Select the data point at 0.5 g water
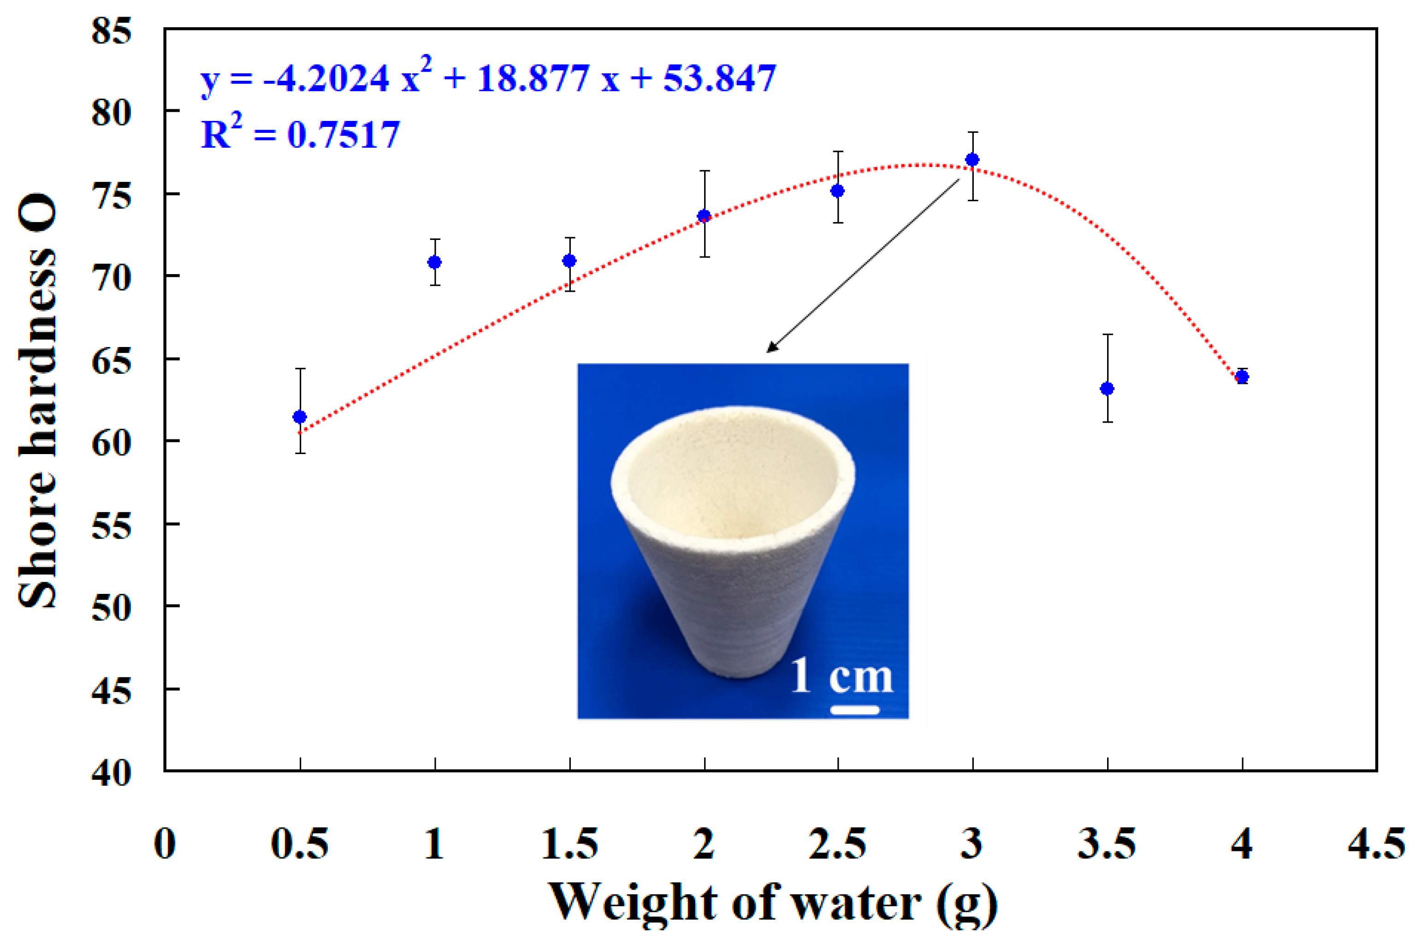[300, 417]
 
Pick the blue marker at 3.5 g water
[1107, 389]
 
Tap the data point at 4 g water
[1242, 377]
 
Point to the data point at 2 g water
[704, 216]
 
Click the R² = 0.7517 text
[300, 134]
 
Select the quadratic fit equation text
[488, 78]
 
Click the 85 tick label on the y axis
[112, 30]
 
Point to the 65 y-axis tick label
[112, 362]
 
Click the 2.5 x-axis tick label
[837, 844]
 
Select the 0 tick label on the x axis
[165, 844]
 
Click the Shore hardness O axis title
[37, 401]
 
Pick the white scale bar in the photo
[854, 710]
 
